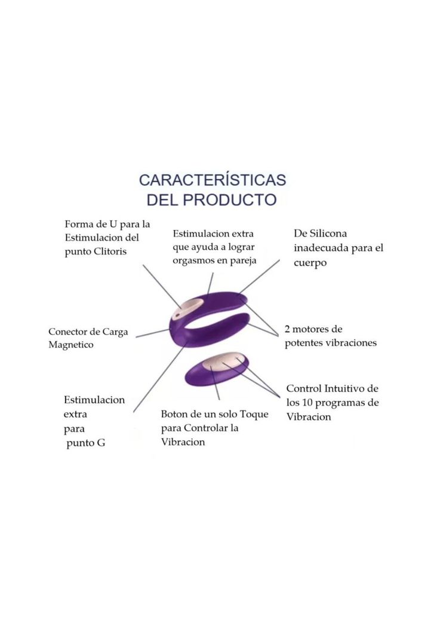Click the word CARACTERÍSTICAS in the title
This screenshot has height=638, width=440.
212,180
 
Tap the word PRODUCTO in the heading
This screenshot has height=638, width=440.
229,200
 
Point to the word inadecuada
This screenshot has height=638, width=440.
321,248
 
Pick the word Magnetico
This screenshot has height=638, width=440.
71,345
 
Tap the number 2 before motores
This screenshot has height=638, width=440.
288,329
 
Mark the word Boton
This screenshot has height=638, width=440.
174,414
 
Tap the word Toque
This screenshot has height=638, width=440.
254,414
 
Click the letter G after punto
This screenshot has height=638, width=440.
100,443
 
